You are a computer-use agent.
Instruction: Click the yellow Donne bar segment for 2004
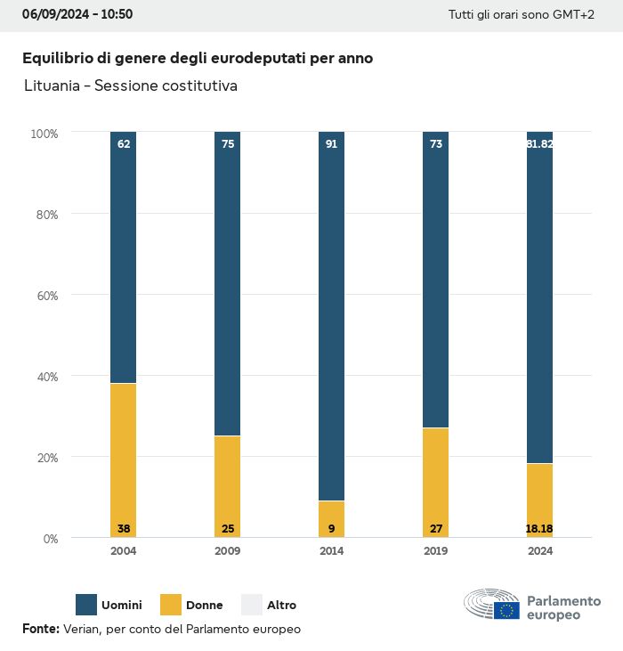pos(124,454)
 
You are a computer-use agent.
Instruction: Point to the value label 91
pos(331,144)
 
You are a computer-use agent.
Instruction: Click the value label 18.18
pos(539,529)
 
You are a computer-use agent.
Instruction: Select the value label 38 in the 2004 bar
pos(124,529)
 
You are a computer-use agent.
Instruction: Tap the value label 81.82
pos(539,144)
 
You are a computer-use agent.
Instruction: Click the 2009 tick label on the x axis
pos(228,551)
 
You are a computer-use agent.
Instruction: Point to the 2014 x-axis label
pos(331,551)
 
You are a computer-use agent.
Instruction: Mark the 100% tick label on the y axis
pos(44,134)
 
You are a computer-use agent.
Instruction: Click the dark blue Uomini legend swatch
pos(86,605)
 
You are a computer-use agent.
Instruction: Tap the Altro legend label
pos(280,606)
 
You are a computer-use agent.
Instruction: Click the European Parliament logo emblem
pos(491,605)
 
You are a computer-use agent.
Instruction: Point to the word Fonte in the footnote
pos(40,629)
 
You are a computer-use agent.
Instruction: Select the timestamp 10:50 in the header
pos(117,15)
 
